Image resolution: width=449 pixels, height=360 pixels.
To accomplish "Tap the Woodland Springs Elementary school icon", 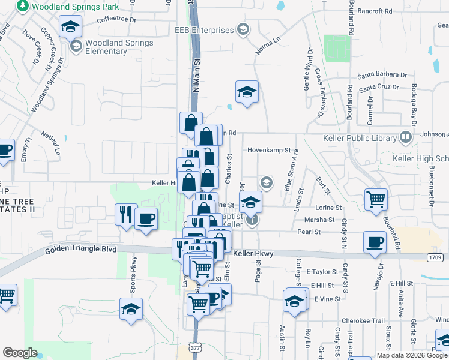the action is click(x=76, y=46).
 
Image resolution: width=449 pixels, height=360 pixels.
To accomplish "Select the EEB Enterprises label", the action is click(x=203, y=30).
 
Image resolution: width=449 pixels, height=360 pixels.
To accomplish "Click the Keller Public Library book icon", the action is click(x=406, y=138).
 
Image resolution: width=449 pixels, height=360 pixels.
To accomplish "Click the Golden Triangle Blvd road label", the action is click(x=82, y=249).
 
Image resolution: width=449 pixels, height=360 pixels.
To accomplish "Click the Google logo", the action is click(x=20, y=353).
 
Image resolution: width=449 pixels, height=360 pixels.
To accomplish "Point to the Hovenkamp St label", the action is click(x=268, y=151).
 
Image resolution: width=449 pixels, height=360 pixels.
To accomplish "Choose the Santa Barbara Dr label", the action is click(x=382, y=76).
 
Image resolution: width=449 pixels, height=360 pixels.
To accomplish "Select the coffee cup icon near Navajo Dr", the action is click(x=375, y=241).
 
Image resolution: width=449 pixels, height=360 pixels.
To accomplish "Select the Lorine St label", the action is click(x=328, y=208).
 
